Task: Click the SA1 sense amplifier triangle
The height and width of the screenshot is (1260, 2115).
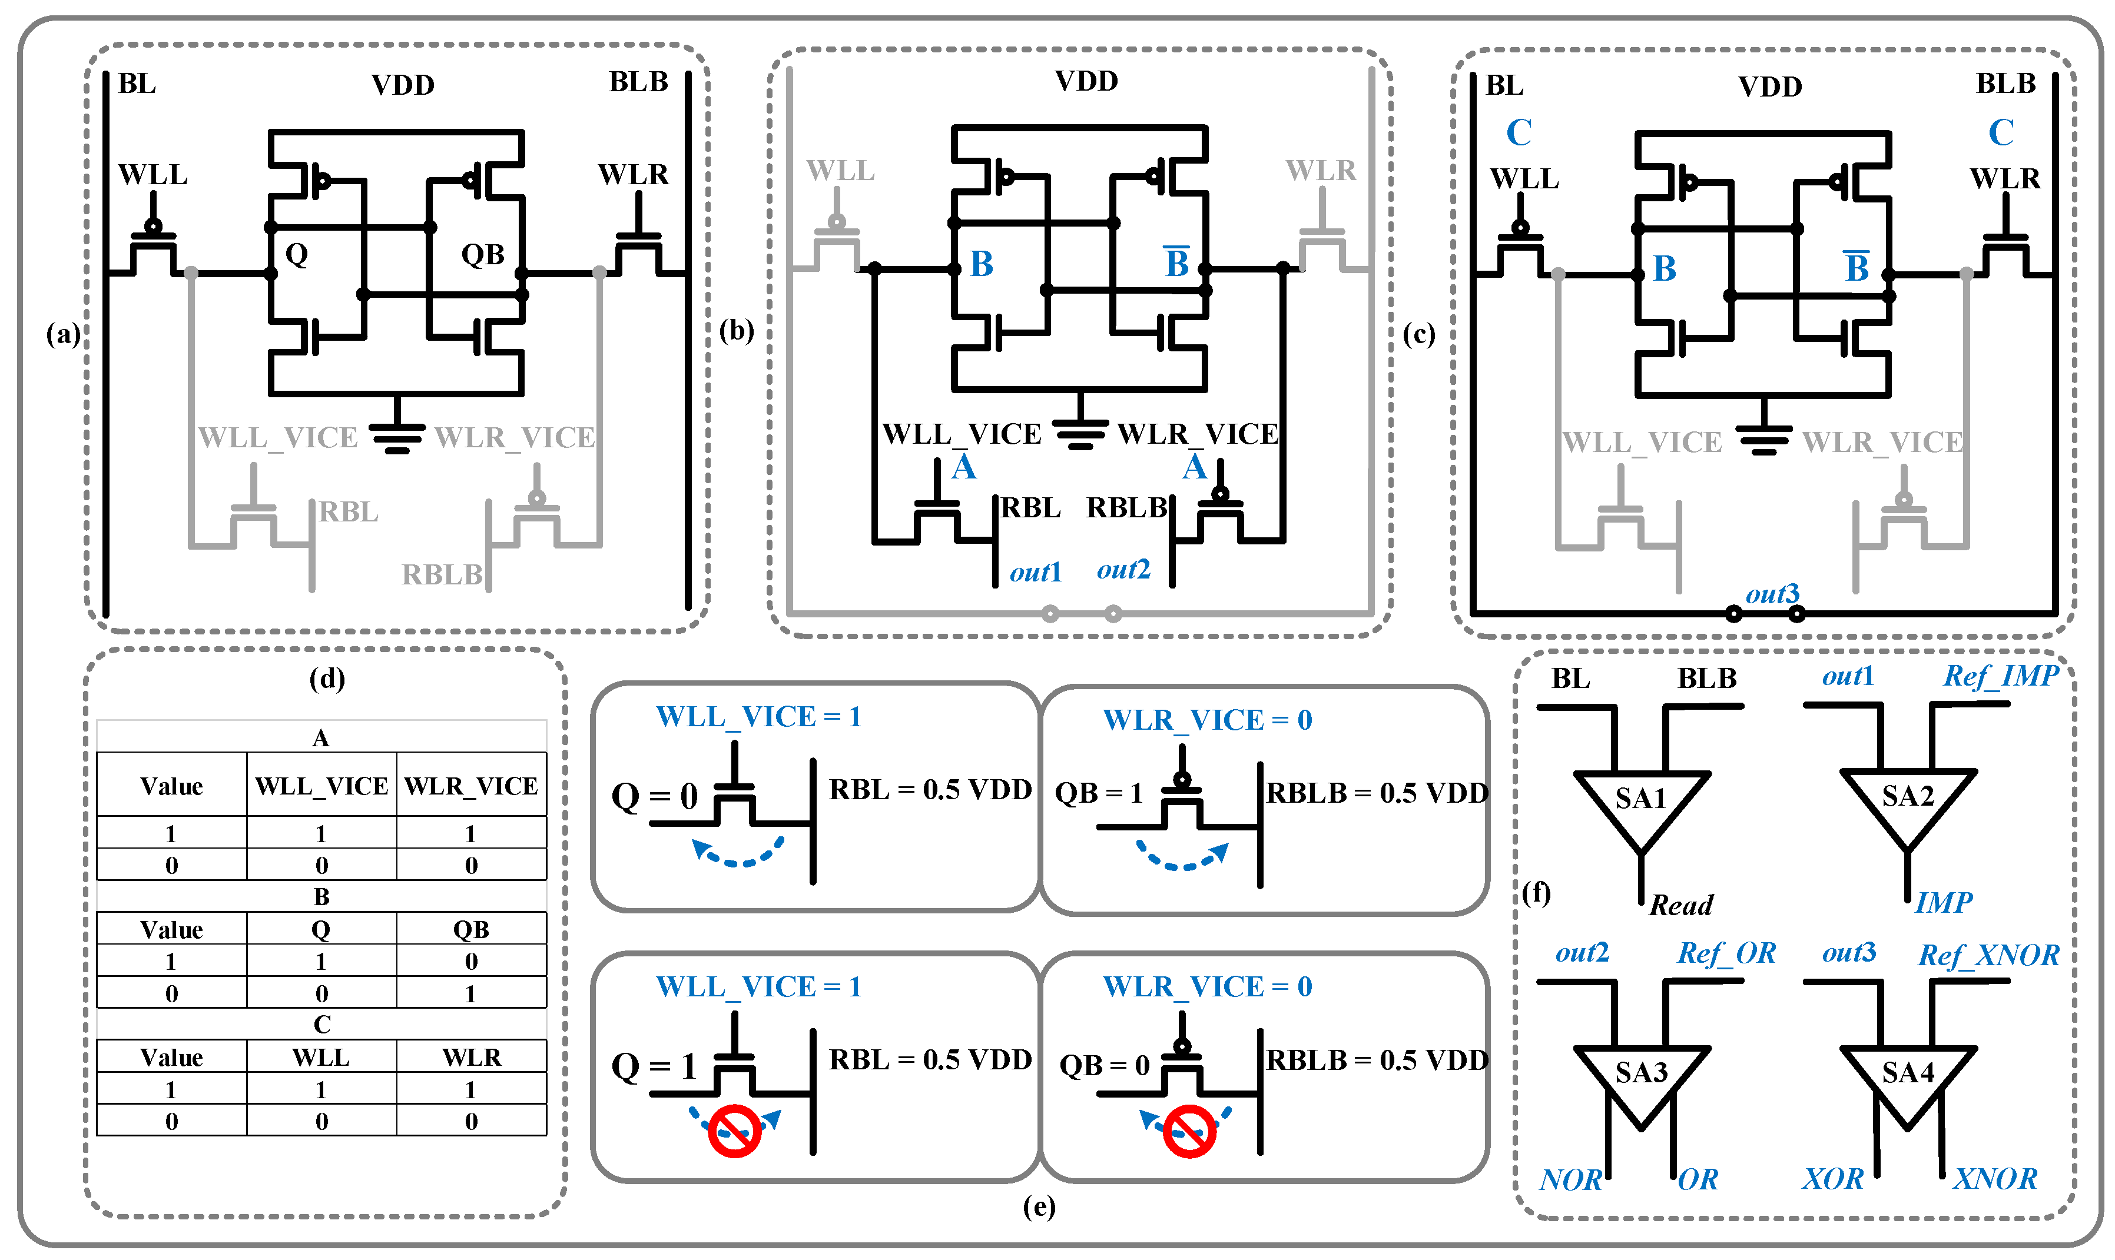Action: pyautogui.click(x=1640, y=802)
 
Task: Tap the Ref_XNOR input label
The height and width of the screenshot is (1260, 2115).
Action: pyautogui.click(x=1988, y=955)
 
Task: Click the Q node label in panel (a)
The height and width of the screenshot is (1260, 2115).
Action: pyautogui.click(x=296, y=253)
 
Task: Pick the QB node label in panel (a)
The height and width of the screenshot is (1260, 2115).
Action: pyautogui.click(x=482, y=254)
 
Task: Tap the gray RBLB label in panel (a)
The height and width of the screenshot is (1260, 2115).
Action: pyautogui.click(x=442, y=575)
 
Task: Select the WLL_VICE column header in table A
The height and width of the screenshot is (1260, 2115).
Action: pyautogui.click(x=321, y=786)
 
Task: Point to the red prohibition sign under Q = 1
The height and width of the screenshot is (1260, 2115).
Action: pyautogui.click(x=734, y=1131)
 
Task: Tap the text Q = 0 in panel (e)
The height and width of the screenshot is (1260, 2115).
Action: pyautogui.click(x=654, y=796)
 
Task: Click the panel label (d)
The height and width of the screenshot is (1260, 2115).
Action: pyautogui.click(x=327, y=679)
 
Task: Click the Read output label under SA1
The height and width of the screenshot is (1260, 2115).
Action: pyautogui.click(x=1680, y=905)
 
